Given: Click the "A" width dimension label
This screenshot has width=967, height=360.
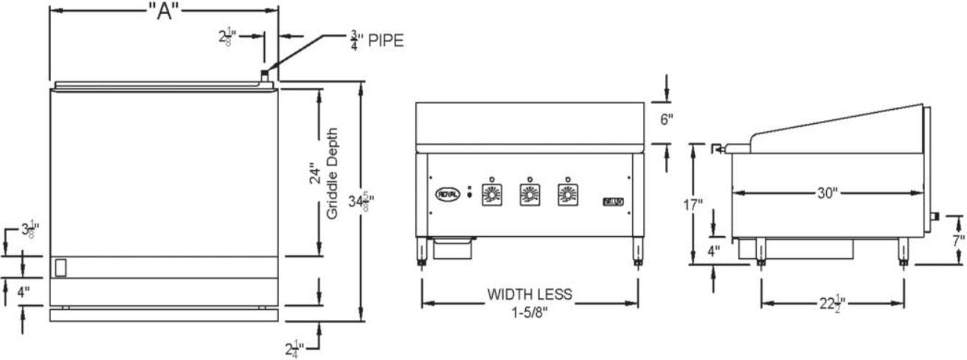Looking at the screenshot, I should point(164,13).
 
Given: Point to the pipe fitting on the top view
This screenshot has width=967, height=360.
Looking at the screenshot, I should point(264,75).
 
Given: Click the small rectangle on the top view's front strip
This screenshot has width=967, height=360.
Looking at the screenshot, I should point(62,266).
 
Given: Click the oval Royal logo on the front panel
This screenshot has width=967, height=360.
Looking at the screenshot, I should point(448,193).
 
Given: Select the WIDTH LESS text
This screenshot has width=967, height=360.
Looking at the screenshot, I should point(529,294).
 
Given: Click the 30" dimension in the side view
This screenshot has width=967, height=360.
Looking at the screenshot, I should point(828,193).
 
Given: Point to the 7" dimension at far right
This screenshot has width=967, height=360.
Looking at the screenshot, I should point(957,240).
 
